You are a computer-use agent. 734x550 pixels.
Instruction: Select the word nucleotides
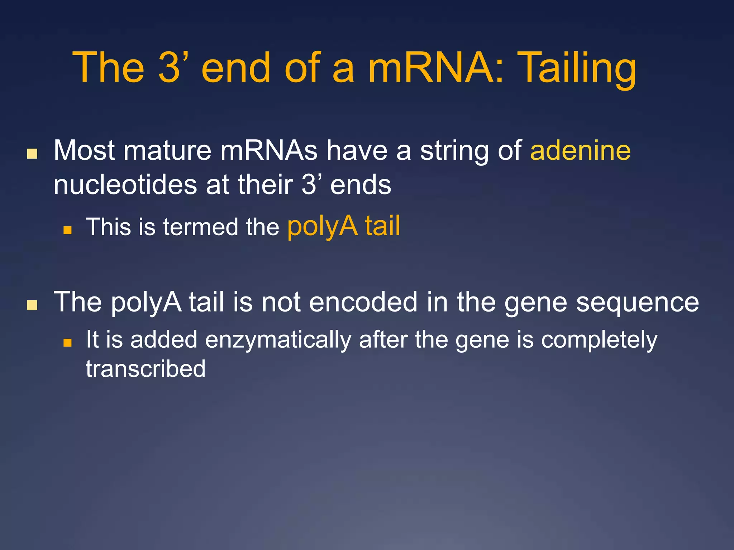tap(125, 185)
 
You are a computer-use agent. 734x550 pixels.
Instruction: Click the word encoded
tap(363, 302)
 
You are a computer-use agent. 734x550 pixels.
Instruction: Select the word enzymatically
tap(278, 340)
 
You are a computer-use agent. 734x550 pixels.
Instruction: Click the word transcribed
tap(146, 369)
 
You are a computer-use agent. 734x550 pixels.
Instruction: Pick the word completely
tap(599, 340)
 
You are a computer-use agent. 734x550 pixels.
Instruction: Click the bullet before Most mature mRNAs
tap(32, 154)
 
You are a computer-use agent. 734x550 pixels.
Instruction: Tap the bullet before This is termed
tap(67, 230)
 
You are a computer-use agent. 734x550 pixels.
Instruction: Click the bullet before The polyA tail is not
tap(32, 305)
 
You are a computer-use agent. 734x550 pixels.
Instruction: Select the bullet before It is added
tap(67, 343)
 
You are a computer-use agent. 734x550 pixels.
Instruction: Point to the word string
tap(454, 151)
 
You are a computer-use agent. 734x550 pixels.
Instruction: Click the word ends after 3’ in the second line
tap(361, 185)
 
